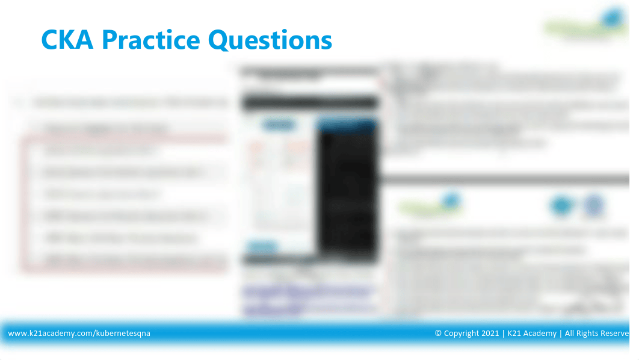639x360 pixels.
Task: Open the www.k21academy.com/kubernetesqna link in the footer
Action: [79, 333]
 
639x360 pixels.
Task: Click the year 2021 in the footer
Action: [491, 333]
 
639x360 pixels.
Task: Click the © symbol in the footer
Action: [439, 333]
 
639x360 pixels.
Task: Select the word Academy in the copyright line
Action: [540, 333]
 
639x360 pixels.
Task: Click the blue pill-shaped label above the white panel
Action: [275, 125]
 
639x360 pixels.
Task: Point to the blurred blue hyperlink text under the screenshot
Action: [307, 292]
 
